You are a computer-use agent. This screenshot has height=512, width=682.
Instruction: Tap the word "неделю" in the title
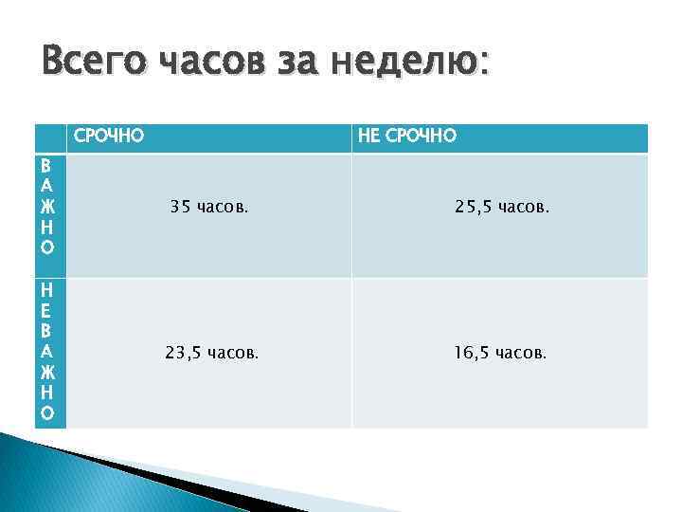pyautogui.click(x=426, y=64)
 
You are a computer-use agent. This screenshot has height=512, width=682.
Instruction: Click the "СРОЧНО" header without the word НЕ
pyautogui.click(x=109, y=137)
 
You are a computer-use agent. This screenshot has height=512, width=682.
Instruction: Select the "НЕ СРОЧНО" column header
pyautogui.click(x=406, y=137)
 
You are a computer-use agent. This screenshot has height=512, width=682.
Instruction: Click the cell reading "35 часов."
pyautogui.click(x=209, y=206)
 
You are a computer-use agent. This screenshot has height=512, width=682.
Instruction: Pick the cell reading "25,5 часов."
pyautogui.click(x=500, y=206)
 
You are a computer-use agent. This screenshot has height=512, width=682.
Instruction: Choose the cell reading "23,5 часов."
pyautogui.click(x=209, y=353)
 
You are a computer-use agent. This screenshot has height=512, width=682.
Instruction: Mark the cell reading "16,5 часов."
pyautogui.click(x=500, y=353)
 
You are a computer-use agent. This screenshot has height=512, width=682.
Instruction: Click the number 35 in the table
pyautogui.click(x=180, y=206)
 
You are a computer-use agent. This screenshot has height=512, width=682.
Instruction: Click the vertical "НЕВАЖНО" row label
pyautogui.click(x=48, y=352)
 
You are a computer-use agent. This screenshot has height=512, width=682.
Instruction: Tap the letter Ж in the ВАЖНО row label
pyautogui.click(x=48, y=205)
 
